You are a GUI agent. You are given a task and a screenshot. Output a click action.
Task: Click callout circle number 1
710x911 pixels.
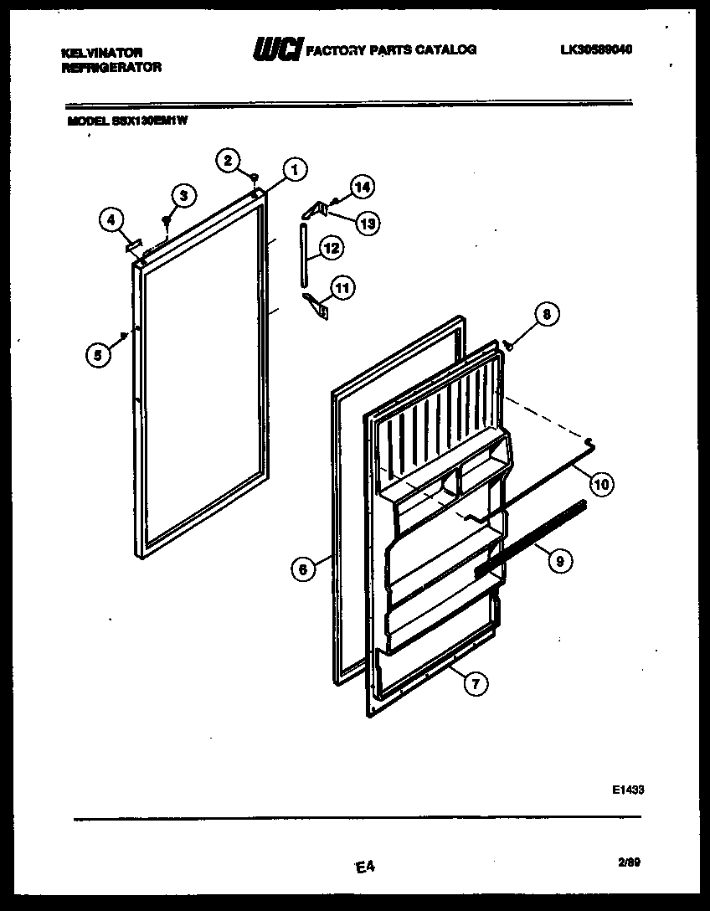tap(292, 170)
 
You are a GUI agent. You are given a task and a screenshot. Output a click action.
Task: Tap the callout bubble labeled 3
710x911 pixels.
tap(183, 196)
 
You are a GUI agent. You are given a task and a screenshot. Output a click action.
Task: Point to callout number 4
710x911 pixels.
tap(111, 220)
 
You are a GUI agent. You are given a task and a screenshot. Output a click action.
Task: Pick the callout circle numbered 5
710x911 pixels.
tap(99, 354)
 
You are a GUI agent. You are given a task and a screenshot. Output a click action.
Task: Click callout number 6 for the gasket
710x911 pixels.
tap(302, 569)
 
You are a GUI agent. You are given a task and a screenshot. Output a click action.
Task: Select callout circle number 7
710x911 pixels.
tap(475, 684)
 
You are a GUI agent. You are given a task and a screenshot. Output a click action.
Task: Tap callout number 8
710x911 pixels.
tap(547, 315)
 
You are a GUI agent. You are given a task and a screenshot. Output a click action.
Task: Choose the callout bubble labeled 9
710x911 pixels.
tap(560, 562)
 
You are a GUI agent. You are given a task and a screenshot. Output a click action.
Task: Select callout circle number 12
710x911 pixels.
tap(332, 248)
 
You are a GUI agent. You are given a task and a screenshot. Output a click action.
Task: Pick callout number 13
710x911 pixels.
tap(367, 222)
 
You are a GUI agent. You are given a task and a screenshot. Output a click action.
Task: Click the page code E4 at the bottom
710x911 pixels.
tap(363, 868)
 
